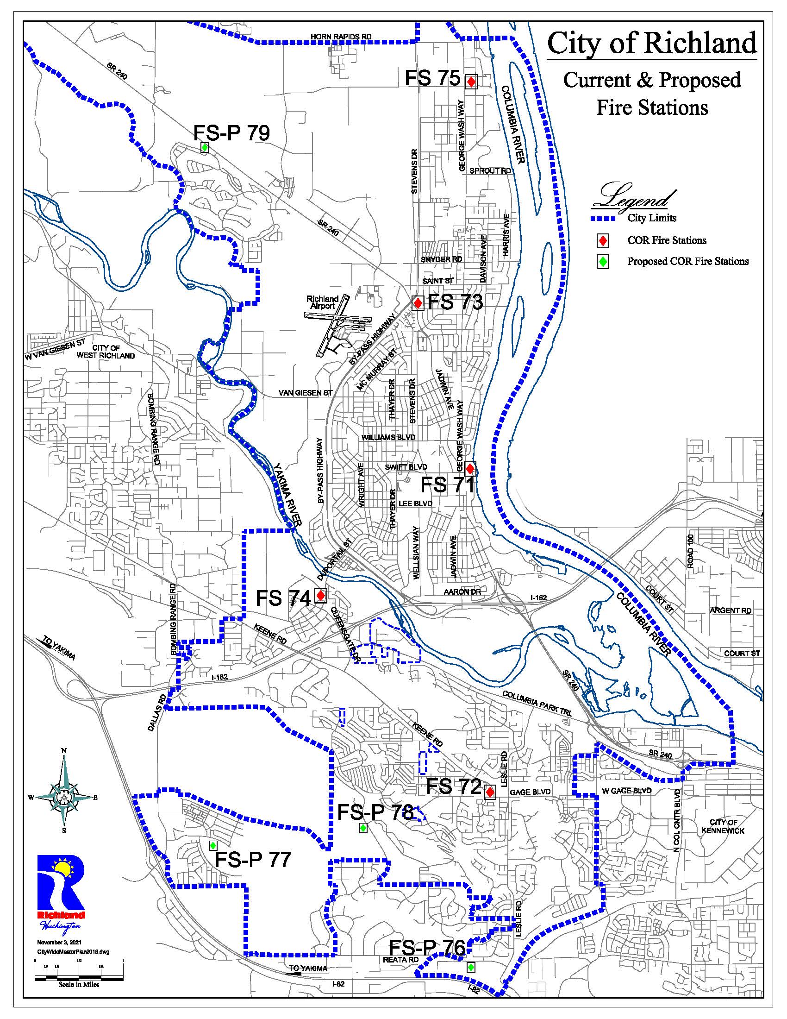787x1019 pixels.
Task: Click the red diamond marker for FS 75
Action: click(x=471, y=82)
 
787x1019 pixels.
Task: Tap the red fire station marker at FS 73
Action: click(x=418, y=303)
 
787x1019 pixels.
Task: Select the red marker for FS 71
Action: click(x=470, y=467)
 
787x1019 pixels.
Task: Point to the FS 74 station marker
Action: click(x=320, y=595)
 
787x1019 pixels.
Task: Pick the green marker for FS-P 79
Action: click(x=204, y=147)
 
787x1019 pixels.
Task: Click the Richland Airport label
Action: click(x=322, y=302)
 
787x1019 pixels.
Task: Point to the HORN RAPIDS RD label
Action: click(x=341, y=37)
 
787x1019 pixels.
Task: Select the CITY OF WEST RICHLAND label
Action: click(x=113, y=352)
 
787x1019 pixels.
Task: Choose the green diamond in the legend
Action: click(x=603, y=262)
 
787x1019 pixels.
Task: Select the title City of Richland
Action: click(x=652, y=44)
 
